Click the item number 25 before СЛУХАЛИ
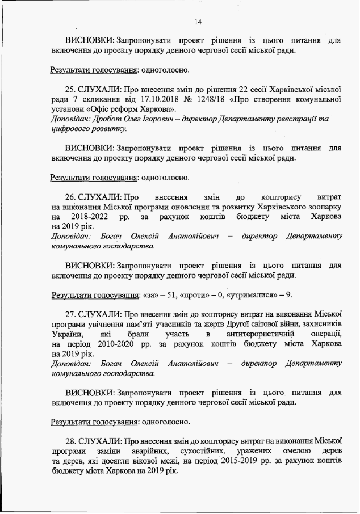[70, 89]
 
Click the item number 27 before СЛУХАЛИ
[70, 314]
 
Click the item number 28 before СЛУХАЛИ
[70, 441]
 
